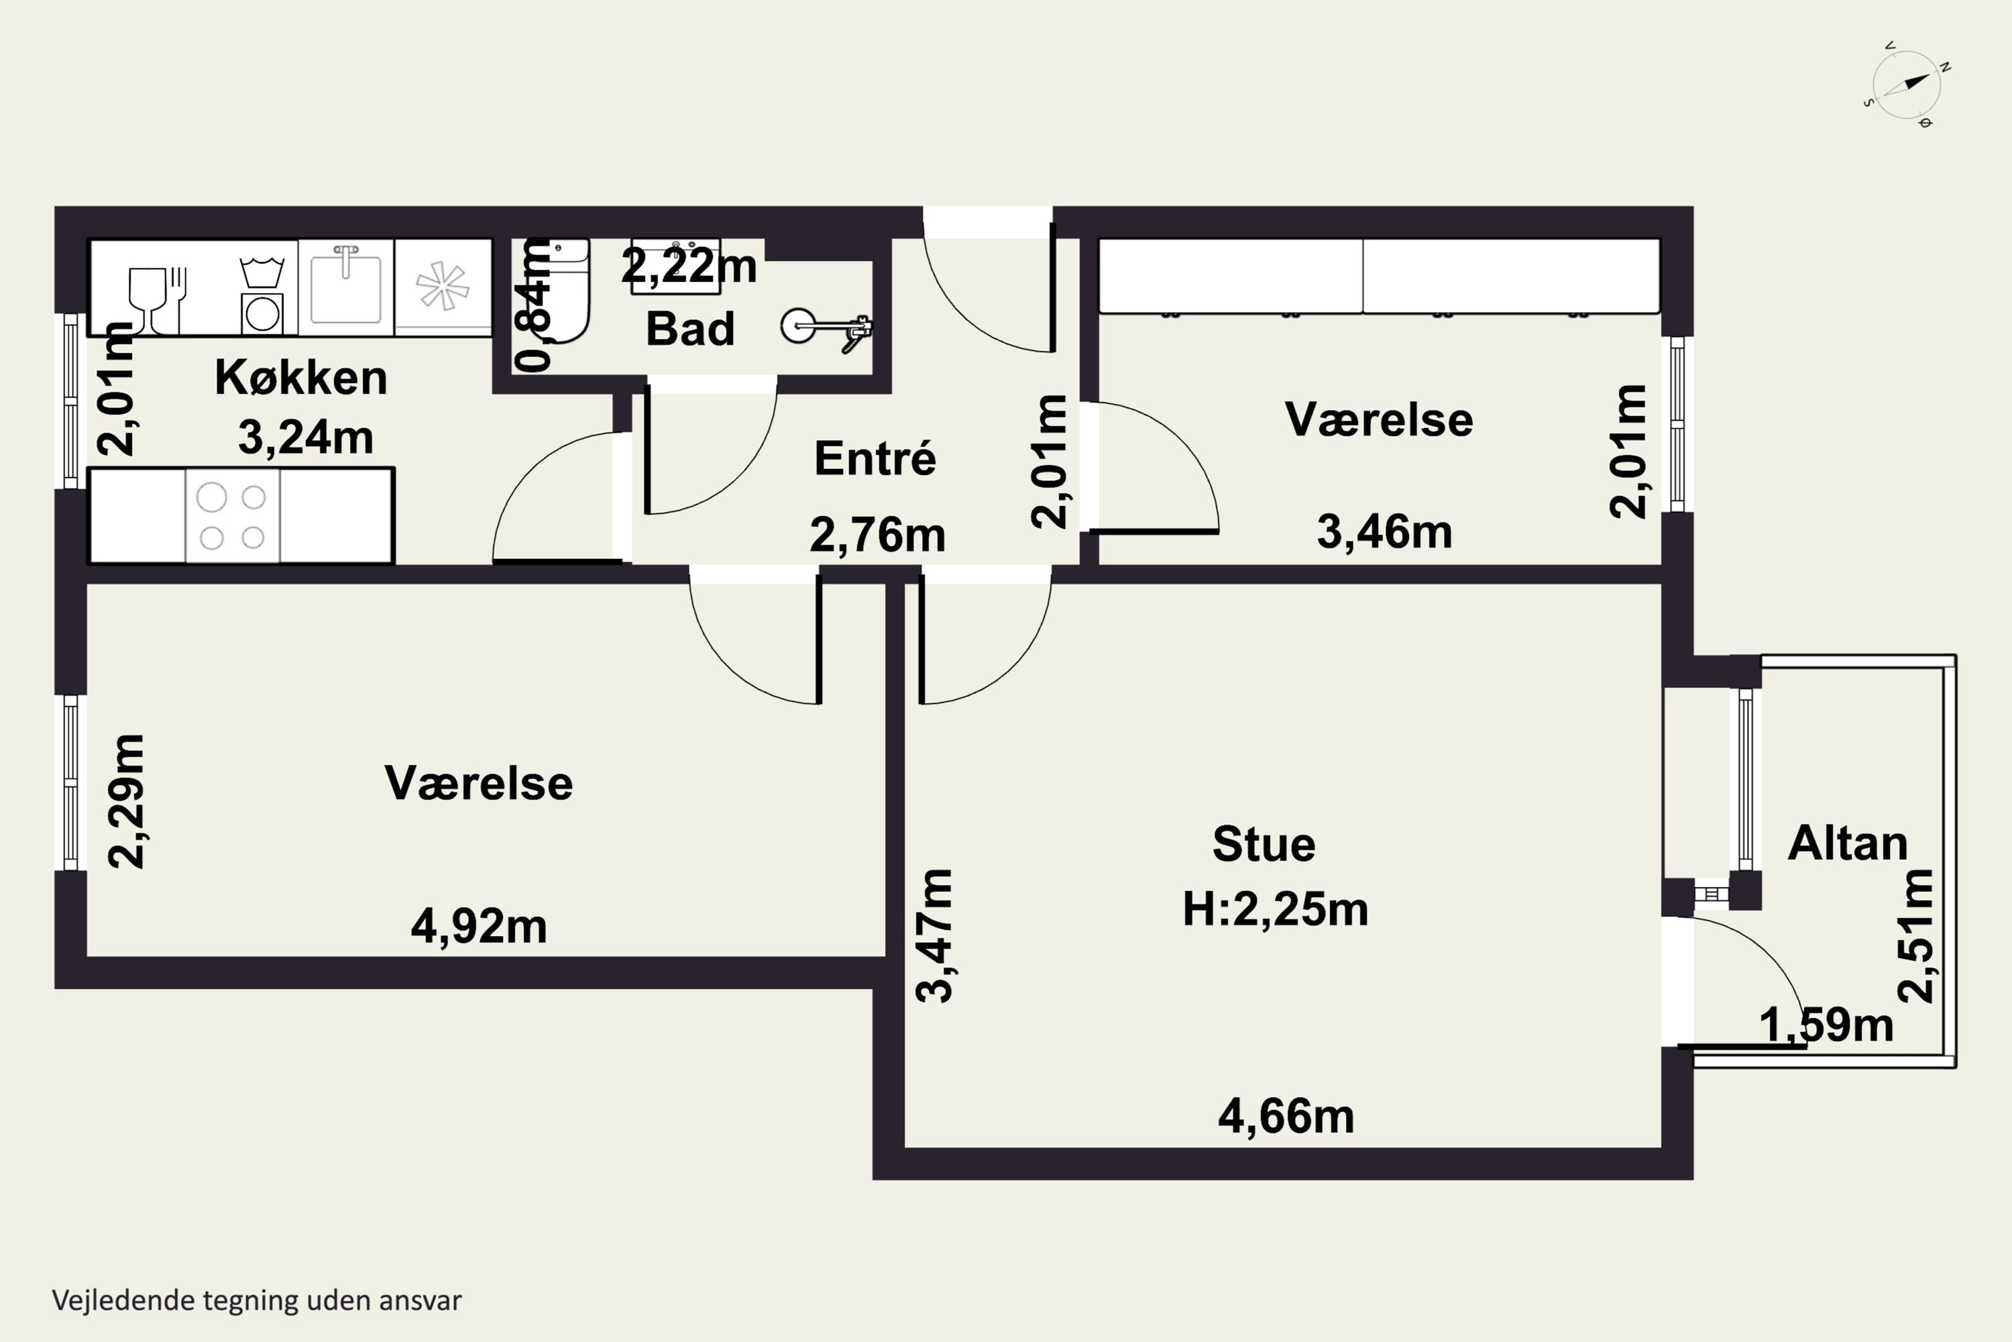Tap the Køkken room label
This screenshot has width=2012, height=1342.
click(301, 377)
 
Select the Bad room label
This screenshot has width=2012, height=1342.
click(690, 329)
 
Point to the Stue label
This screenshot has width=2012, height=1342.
click(1264, 844)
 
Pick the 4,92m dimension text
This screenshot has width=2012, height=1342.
click(479, 927)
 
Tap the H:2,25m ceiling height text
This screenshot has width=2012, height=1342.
click(1276, 909)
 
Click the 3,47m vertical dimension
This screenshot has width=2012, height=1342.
click(934, 935)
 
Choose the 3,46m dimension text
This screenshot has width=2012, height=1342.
click(1384, 531)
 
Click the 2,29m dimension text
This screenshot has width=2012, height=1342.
click(127, 801)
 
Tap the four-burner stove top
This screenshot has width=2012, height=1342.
click(233, 516)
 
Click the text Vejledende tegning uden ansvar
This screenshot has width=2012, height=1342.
click(257, 1301)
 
